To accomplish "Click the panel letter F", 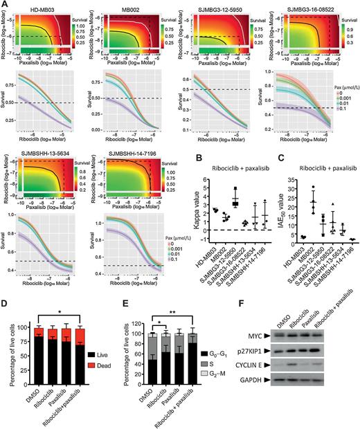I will (x=275, y=305).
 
